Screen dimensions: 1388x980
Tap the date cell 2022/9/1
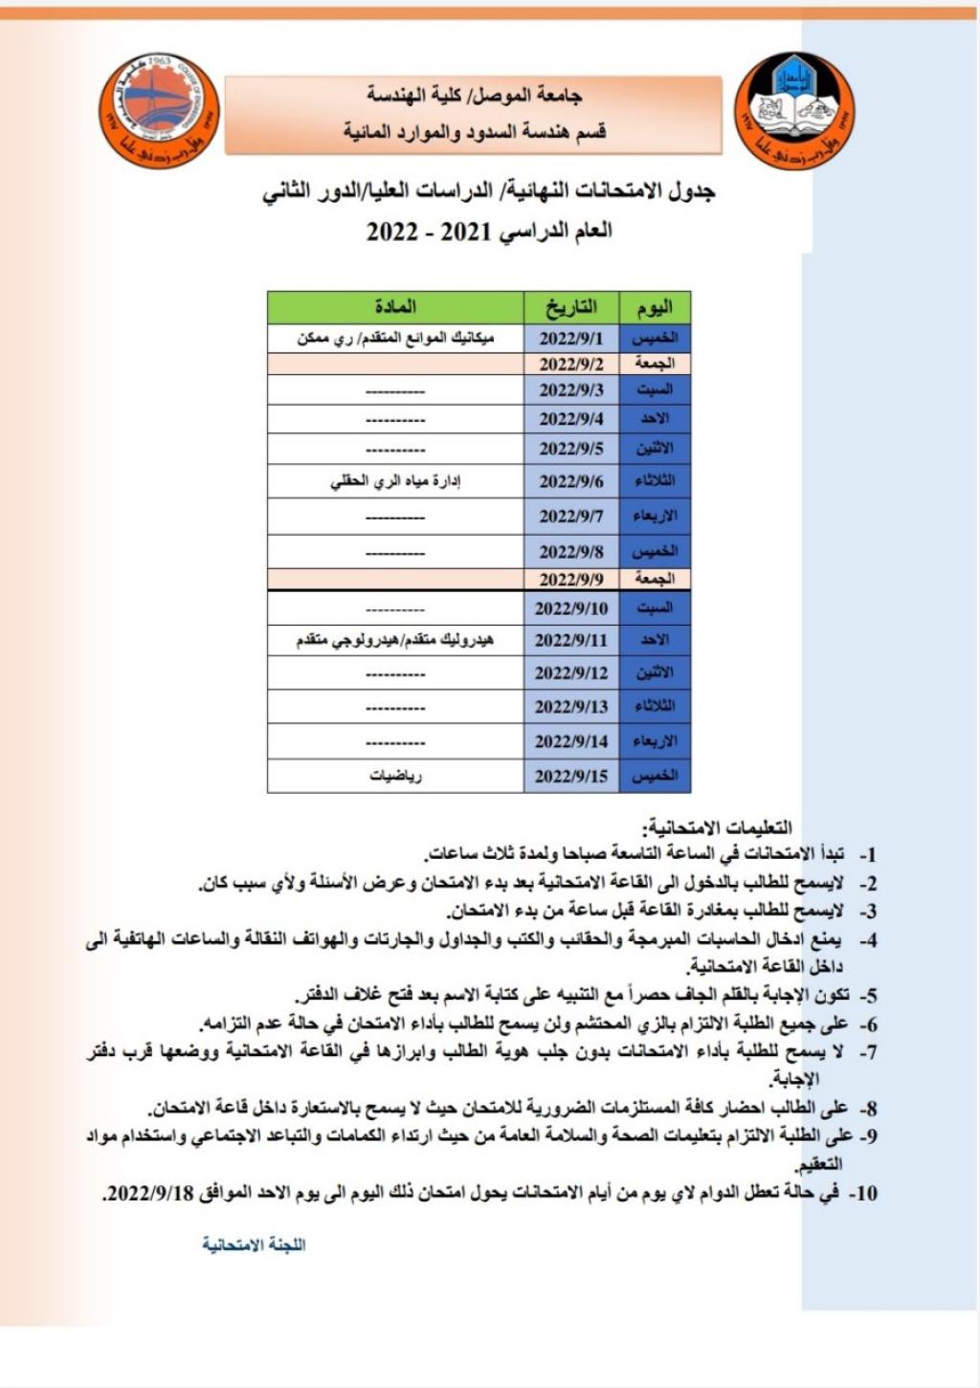[x=571, y=338]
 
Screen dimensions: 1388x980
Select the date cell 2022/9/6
[x=571, y=481]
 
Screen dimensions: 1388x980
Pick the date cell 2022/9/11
[x=571, y=640]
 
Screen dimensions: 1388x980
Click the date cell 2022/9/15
[x=571, y=776]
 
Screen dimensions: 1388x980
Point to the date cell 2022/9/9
[x=571, y=579]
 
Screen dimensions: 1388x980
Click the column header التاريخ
[x=571, y=307]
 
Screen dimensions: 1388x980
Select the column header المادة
[x=395, y=307]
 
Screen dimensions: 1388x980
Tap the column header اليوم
[x=655, y=307]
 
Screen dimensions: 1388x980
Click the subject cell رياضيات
[x=395, y=776]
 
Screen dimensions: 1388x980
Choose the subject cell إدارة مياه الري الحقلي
[x=395, y=481]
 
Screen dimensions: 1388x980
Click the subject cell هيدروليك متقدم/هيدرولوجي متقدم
[x=395, y=640]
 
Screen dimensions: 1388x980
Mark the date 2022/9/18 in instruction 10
[x=150, y=1193]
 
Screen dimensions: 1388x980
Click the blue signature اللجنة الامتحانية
[x=254, y=1245]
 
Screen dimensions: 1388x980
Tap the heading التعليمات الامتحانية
[x=720, y=827]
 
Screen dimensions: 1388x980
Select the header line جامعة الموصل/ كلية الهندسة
[x=474, y=96]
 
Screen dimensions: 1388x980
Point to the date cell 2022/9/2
[x=571, y=364]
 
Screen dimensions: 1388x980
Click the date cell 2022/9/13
[x=571, y=707]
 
